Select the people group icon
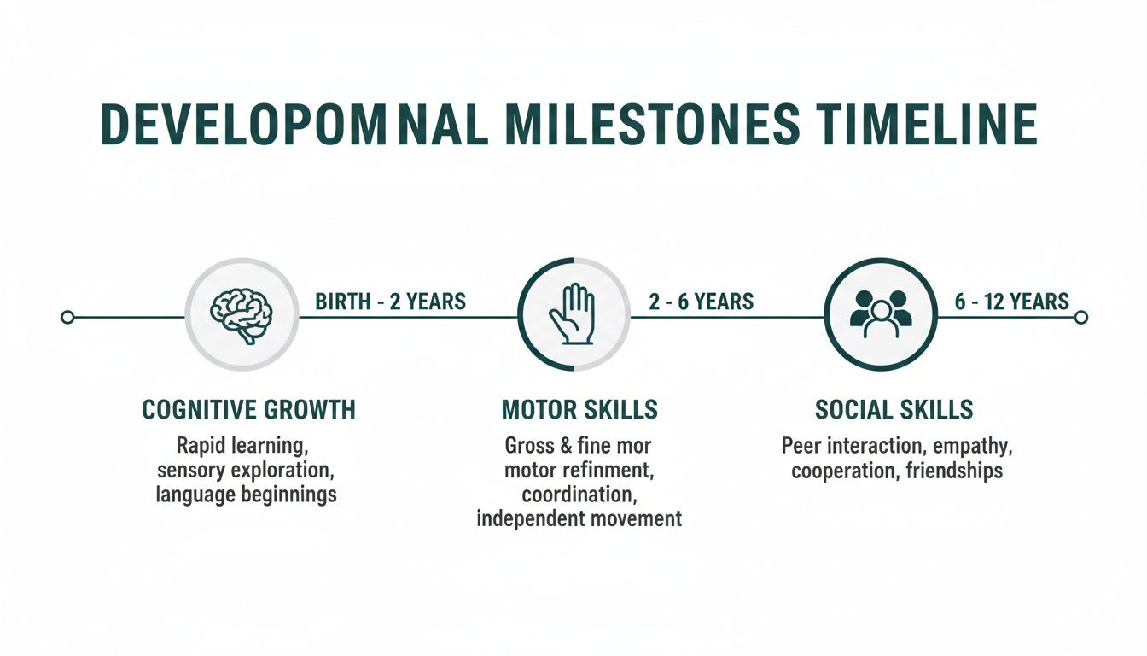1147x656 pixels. (x=882, y=314)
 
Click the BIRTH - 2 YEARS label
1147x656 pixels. (x=391, y=302)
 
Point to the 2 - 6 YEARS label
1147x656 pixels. (x=701, y=302)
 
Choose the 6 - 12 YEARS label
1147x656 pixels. (x=1012, y=302)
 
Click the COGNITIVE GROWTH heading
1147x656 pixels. (x=248, y=410)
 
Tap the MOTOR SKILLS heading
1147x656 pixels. (x=579, y=410)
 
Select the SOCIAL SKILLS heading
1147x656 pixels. (x=894, y=410)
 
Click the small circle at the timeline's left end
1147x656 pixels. (x=67, y=318)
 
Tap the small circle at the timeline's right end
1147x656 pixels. (x=1081, y=318)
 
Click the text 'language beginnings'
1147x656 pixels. (x=247, y=495)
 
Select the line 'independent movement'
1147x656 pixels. (x=579, y=518)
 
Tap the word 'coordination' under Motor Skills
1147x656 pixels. (x=577, y=494)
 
